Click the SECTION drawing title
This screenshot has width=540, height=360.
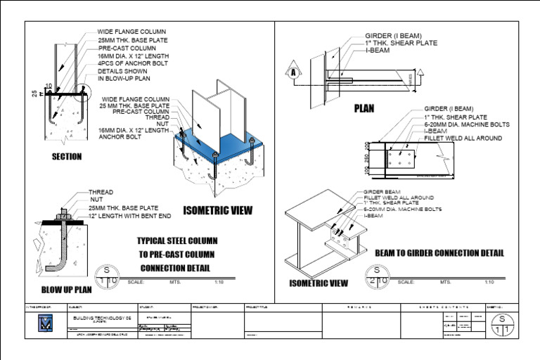point(66,157)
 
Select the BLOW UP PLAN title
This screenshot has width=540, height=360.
point(66,289)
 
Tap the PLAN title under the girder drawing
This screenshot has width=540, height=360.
point(364,109)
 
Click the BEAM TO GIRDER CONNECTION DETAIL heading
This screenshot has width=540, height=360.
point(439,252)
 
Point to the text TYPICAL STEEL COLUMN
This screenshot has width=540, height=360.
point(175,241)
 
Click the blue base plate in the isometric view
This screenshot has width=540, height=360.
point(239,151)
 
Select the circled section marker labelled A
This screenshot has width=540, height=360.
point(290,72)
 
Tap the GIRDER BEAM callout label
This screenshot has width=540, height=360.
point(381,191)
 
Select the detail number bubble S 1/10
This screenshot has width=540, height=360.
point(108,276)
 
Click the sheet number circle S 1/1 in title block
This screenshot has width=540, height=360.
point(502,325)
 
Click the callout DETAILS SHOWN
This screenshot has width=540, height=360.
point(122,71)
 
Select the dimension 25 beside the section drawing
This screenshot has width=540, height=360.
point(33,93)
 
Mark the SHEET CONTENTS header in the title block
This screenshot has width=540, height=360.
point(442,308)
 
